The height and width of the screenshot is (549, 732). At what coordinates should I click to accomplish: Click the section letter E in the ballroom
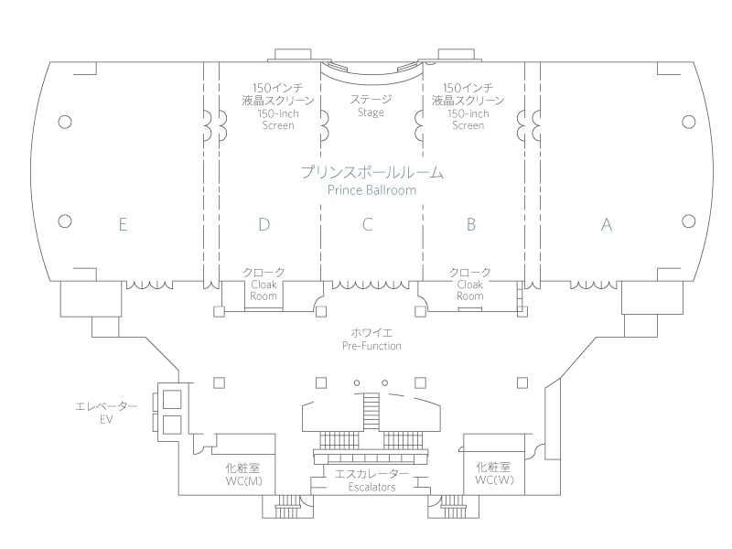(122, 225)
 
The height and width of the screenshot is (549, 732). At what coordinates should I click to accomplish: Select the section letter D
(264, 225)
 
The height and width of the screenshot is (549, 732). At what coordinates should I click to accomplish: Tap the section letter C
(367, 225)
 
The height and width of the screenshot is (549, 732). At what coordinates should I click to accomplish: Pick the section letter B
(470, 225)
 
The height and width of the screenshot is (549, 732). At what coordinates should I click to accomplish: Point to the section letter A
(606, 225)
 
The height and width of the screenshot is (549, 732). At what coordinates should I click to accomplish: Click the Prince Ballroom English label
(371, 190)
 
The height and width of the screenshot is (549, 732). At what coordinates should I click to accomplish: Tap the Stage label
(371, 113)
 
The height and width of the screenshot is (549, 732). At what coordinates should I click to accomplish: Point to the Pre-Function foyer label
(371, 347)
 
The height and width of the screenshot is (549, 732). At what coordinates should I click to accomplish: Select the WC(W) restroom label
(496, 480)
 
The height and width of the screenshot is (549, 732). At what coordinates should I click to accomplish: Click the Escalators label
(371, 488)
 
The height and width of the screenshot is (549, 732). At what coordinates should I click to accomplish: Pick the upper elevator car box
(171, 398)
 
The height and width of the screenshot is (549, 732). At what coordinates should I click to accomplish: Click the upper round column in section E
(64, 121)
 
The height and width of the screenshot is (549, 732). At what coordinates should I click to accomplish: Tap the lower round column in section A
(688, 221)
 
